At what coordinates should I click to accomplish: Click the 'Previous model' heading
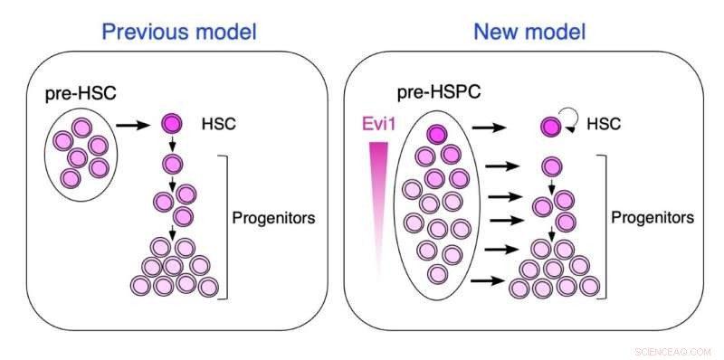pos(179,32)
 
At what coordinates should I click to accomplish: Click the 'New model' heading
pos(529,32)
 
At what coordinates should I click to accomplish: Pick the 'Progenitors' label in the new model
pos(652,218)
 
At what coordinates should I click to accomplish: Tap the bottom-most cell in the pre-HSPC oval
pos(438,274)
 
